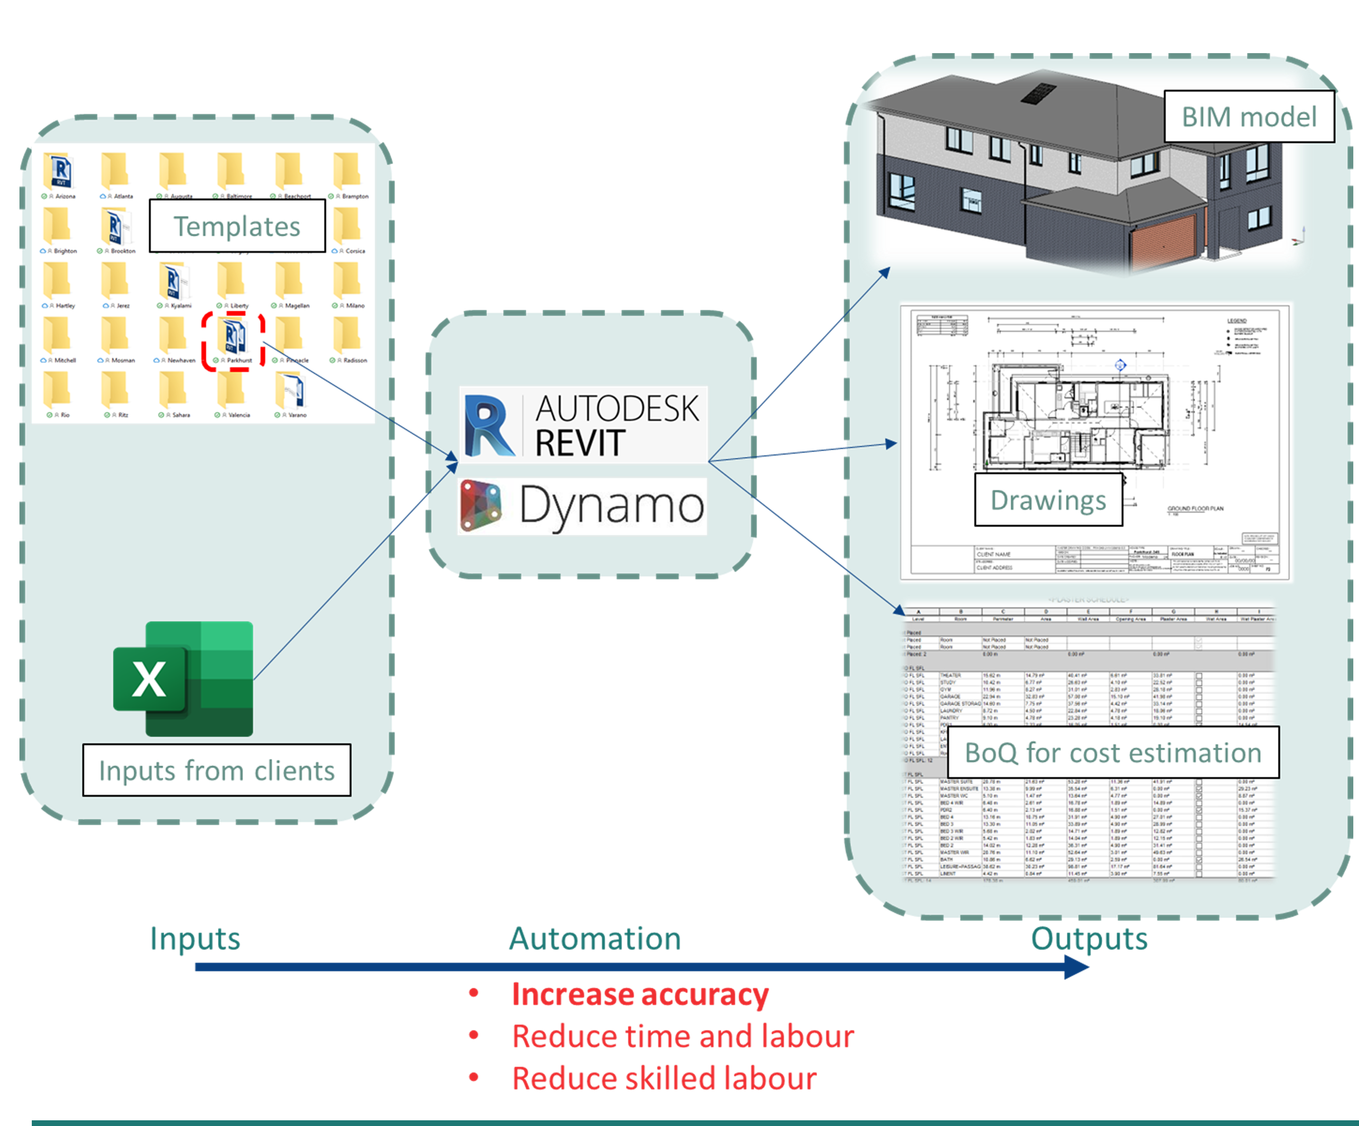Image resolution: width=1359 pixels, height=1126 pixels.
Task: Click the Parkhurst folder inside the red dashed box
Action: (x=233, y=336)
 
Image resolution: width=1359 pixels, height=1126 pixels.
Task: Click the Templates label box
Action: (x=237, y=226)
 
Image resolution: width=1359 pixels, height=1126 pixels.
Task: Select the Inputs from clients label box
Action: (x=217, y=770)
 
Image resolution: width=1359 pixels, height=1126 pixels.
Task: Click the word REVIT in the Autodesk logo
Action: (x=579, y=443)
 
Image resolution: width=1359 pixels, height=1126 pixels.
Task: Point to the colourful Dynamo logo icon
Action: (x=481, y=505)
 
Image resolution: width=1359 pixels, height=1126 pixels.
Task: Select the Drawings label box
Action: (x=1048, y=500)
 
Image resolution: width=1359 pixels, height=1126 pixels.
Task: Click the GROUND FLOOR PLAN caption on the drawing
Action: (x=1195, y=509)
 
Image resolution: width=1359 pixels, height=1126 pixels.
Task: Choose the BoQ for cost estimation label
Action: (x=1113, y=753)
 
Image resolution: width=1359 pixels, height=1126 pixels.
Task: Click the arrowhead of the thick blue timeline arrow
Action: (x=1078, y=967)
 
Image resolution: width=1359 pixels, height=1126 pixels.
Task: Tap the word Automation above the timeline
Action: (x=595, y=939)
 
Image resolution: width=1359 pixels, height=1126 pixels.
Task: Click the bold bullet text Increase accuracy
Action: (x=640, y=994)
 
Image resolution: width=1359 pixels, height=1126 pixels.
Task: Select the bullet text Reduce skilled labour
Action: (x=664, y=1078)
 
